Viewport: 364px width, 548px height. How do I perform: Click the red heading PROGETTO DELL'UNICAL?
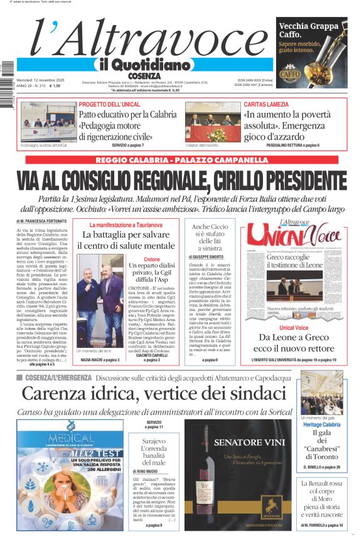[109, 104]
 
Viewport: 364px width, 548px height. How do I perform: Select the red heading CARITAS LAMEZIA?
[267, 104]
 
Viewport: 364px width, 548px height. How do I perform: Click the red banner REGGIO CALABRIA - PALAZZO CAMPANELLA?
[181, 160]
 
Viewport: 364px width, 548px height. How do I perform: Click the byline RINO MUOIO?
[146, 471]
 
